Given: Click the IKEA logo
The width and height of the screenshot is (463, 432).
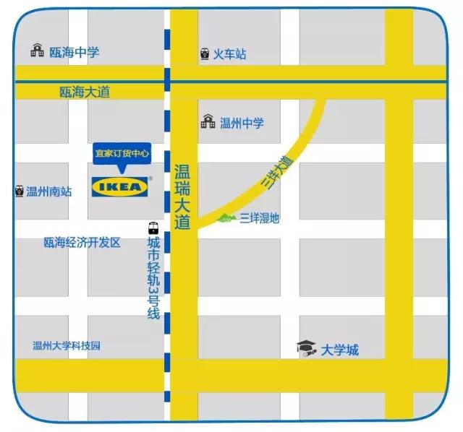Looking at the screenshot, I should click(120, 187).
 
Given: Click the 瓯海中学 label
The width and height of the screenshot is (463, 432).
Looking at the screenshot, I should click(74, 52).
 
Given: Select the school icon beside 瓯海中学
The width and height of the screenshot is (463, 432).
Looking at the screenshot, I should click(37, 51).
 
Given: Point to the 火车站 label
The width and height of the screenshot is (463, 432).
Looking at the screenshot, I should click(229, 53).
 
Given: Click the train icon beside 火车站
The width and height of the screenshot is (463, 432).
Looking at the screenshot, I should click(205, 53).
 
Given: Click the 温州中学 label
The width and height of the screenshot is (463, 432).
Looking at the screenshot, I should click(242, 123).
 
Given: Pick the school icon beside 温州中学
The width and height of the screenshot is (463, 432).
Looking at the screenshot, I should click(208, 122).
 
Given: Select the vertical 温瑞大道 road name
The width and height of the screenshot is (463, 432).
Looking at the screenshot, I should click(182, 196).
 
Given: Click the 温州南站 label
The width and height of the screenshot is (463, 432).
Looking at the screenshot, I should click(49, 191).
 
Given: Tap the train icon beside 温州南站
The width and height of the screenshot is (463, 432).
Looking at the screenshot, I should click(19, 191).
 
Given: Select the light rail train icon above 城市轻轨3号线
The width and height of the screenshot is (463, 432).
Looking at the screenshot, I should click(153, 226).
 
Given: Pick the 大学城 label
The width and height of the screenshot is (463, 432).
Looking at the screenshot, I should click(340, 351).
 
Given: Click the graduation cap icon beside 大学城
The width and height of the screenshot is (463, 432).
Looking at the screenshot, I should click(307, 349).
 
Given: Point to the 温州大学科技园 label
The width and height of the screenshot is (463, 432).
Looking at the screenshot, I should click(67, 345).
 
